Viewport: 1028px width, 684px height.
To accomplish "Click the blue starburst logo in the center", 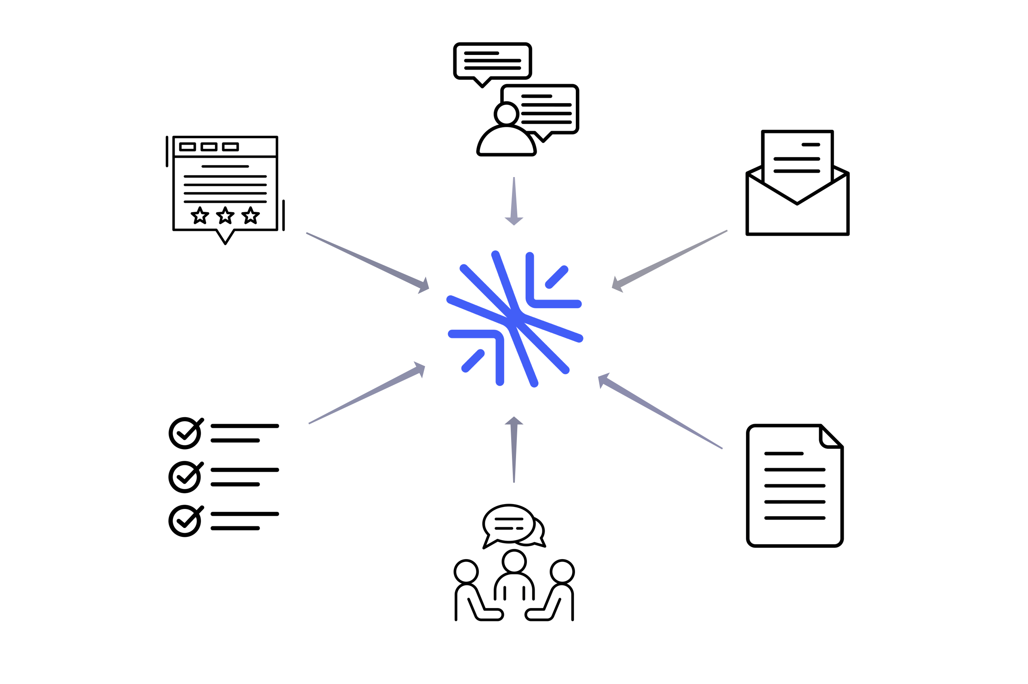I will click(514, 319).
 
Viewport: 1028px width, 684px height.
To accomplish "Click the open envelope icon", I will click(797, 192).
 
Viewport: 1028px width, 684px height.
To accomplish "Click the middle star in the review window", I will click(225, 215).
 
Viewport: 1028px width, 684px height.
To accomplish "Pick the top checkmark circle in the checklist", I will click(185, 433).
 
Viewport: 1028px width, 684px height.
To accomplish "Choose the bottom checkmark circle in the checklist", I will click(185, 521).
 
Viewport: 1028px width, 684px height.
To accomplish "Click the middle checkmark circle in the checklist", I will click(185, 477).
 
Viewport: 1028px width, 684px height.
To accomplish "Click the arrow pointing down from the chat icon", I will click(514, 201).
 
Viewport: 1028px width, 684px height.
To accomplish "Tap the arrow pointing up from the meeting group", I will click(514, 449).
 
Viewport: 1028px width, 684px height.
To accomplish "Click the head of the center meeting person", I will click(514, 562).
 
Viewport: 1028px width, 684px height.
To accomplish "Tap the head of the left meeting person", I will click(466, 572).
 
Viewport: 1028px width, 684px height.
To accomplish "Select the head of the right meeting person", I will click(562, 572).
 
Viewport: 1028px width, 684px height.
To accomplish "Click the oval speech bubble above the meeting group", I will click(508, 524).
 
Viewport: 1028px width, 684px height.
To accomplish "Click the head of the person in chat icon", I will click(506, 114).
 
